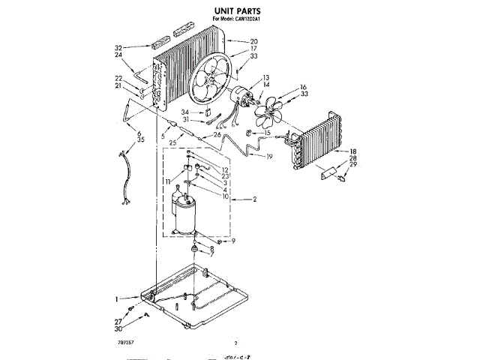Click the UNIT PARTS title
pyautogui.click(x=239, y=11)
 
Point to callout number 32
pyautogui.click(x=118, y=46)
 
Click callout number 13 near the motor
pyautogui.click(x=265, y=78)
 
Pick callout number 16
pyautogui.click(x=304, y=86)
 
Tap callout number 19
pyautogui.click(x=269, y=157)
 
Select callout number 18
pyautogui.click(x=352, y=151)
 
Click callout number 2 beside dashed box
pyautogui.click(x=255, y=199)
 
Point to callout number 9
pyautogui.click(x=233, y=241)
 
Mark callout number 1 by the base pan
pyautogui.click(x=117, y=298)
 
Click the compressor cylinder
pyautogui.click(x=185, y=212)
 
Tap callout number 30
pyautogui.click(x=118, y=329)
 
